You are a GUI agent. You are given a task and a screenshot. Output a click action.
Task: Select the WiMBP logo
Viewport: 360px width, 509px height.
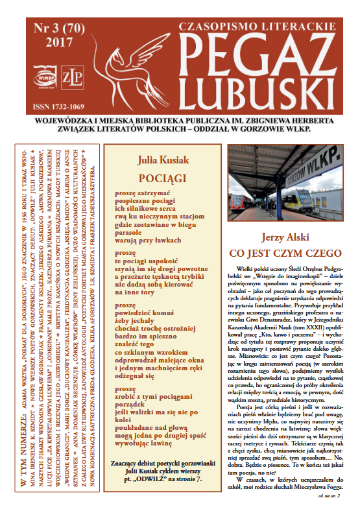click(x=42, y=80)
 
